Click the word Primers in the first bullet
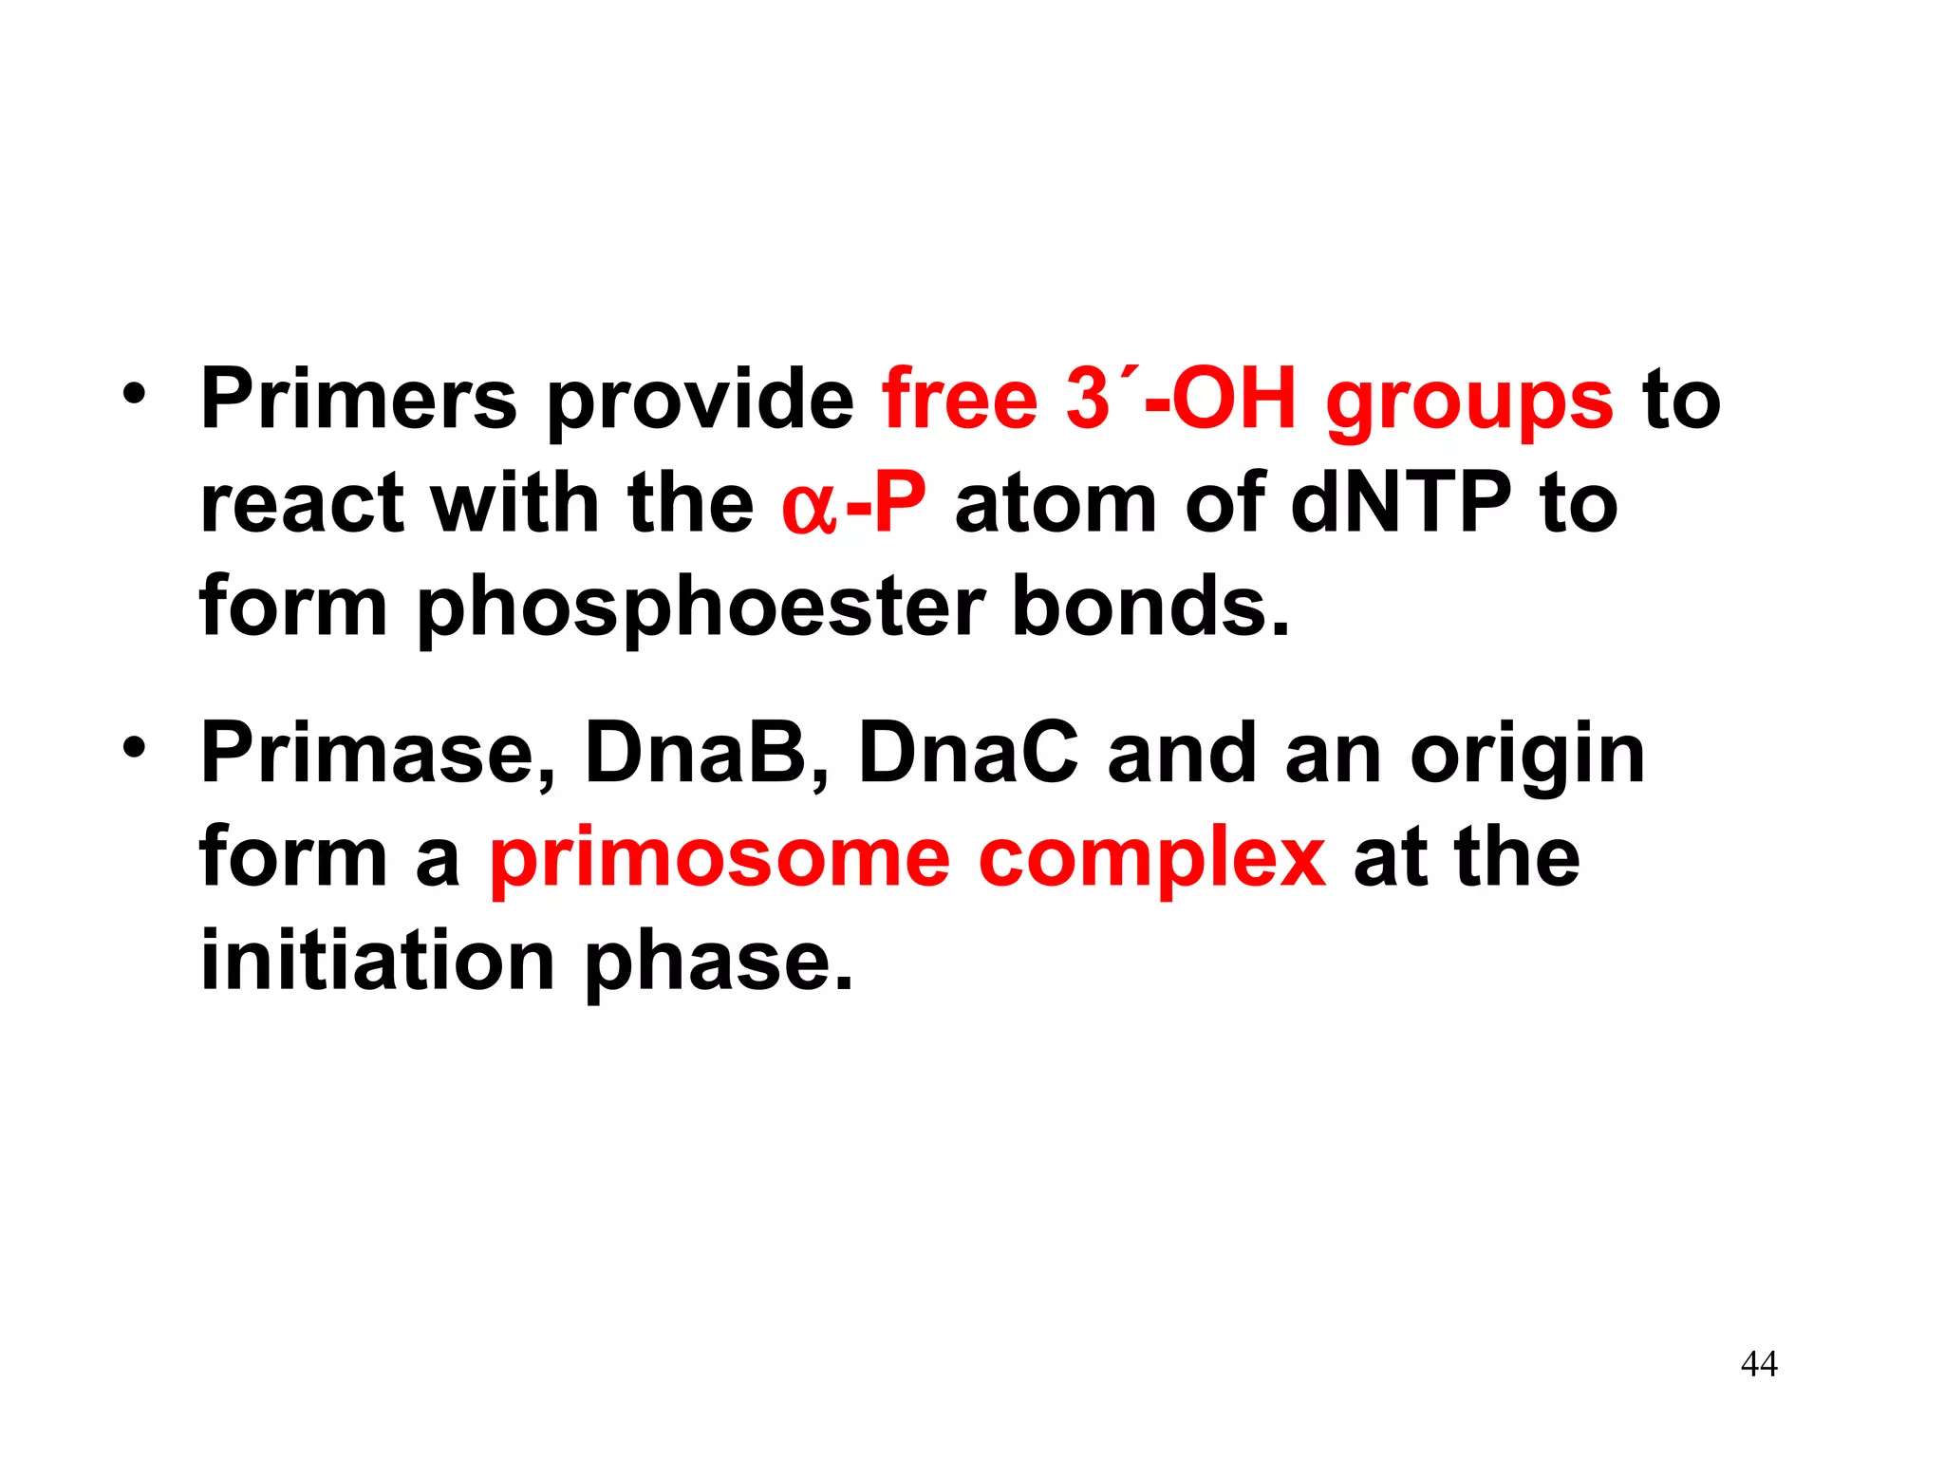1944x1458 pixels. tap(359, 400)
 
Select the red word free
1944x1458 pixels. tap(960, 400)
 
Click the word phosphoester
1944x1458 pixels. tap(701, 609)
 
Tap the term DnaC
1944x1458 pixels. tap(968, 755)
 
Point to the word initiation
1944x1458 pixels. tap(377, 963)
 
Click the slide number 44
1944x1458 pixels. tap(1759, 1364)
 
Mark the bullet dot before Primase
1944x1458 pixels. tap(134, 749)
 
